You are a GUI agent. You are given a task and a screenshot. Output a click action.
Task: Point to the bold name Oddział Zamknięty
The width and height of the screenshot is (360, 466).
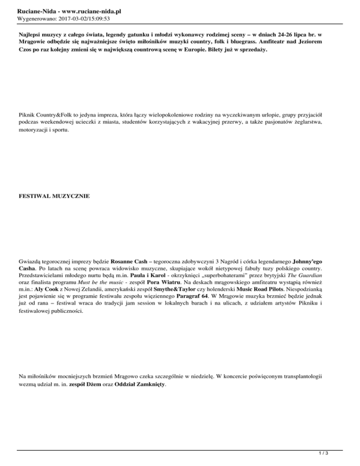click(139, 385)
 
